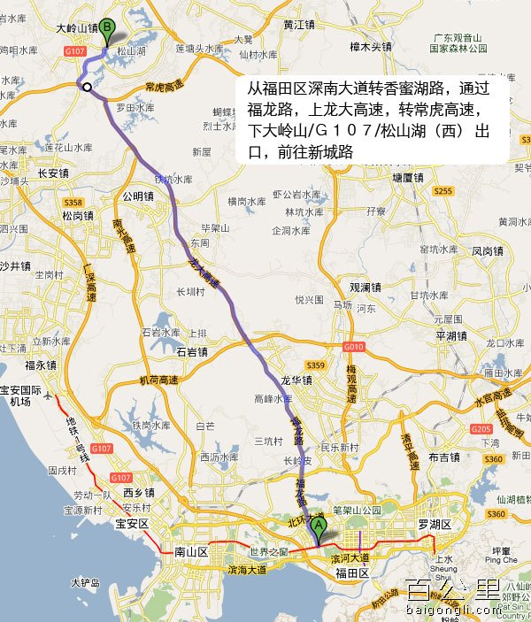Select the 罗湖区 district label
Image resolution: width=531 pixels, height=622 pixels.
(x=435, y=525)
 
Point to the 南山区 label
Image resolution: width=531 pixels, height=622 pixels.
(x=190, y=551)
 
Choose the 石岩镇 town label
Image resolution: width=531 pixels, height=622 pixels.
(x=191, y=352)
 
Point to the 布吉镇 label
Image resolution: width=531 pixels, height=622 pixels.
(x=443, y=457)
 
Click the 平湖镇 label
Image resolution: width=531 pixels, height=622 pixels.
(x=450, y=336)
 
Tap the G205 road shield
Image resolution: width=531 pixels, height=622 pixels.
(x=481, y=429)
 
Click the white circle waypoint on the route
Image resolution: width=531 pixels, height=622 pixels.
(x=87, y=86)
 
